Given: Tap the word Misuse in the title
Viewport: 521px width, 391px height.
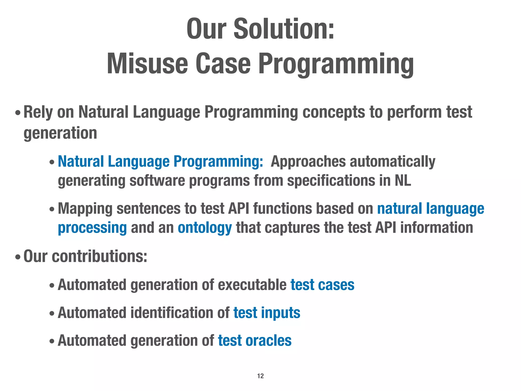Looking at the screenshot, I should [147, 64].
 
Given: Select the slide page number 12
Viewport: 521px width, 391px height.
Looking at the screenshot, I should [260, 376].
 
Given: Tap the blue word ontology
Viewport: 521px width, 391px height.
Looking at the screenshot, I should [205, 227].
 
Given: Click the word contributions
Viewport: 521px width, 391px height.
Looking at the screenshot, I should [99, 256].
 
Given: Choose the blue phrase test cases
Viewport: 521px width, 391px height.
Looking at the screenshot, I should [322, 285].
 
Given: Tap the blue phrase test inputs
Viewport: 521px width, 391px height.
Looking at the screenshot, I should [267, 313].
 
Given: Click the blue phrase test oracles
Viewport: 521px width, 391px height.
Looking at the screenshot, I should [255, 341].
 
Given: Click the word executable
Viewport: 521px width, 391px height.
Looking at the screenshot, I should [252, 285].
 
